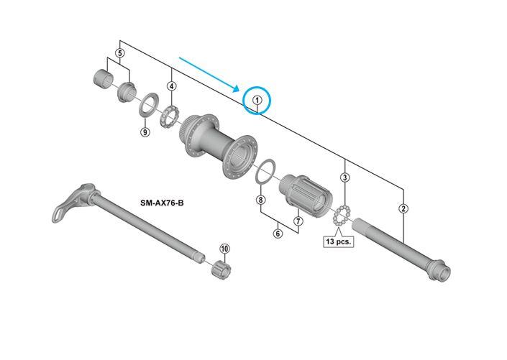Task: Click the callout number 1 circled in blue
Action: click(257, 100)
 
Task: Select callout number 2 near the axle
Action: click(403, 208)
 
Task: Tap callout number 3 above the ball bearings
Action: click(345, 177)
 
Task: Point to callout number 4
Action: click(171, 86)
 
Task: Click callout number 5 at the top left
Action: click(120, 53)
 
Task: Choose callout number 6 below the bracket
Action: click(278, 233)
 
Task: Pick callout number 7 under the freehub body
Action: click(298, 221)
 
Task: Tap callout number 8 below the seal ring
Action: click(261, 200)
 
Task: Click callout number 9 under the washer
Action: click(145, 131)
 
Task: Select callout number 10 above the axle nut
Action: click(224, 248)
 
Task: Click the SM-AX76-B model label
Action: click(162, 203)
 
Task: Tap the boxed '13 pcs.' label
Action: click(339, 241)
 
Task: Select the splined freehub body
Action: click(306, 196)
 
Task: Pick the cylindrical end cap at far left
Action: click(103, 78)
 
